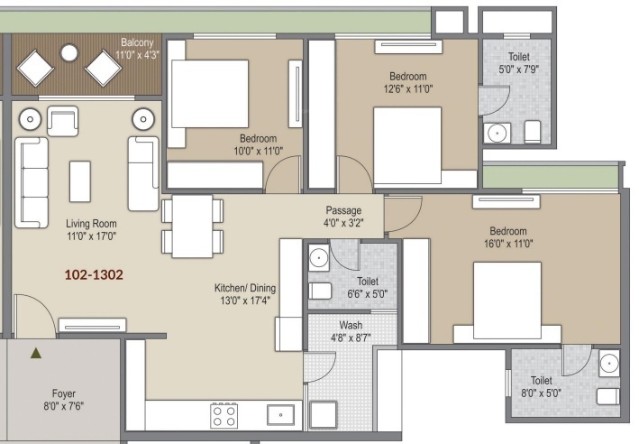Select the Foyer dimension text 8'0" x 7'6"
[x=63, y=406]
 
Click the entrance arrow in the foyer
[x=35, y=354]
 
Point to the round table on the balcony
[x=69, y=53]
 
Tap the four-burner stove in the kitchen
[x=224, y=416]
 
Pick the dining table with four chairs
[x=191, y=226]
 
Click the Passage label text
[x=343, y=211]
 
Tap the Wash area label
[x=351, y=325]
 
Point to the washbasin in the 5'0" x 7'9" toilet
[x=496, y=134]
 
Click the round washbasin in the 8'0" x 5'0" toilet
[x=609, y=365]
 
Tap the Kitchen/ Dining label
[x=242, y=289]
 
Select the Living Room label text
[x=91, y=223]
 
